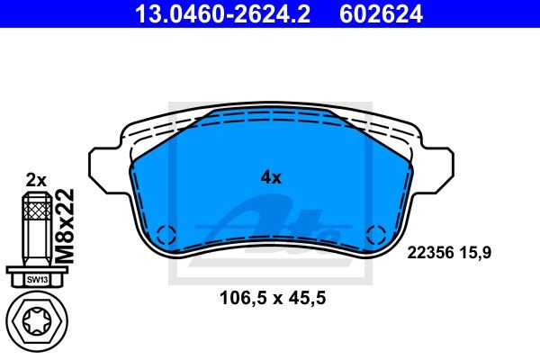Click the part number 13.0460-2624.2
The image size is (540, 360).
pos(222,13)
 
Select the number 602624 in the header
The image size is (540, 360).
pos(381,13)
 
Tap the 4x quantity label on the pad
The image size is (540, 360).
pos(271,177)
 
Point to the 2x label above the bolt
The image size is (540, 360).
pos(36,180)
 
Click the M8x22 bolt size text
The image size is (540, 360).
pos(65,226)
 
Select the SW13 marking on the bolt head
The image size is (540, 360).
pos(37,279)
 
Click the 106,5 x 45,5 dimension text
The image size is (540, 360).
pos(273,298)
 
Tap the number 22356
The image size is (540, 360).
pos(430,253)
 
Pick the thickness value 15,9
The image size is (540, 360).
pos(475,253)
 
